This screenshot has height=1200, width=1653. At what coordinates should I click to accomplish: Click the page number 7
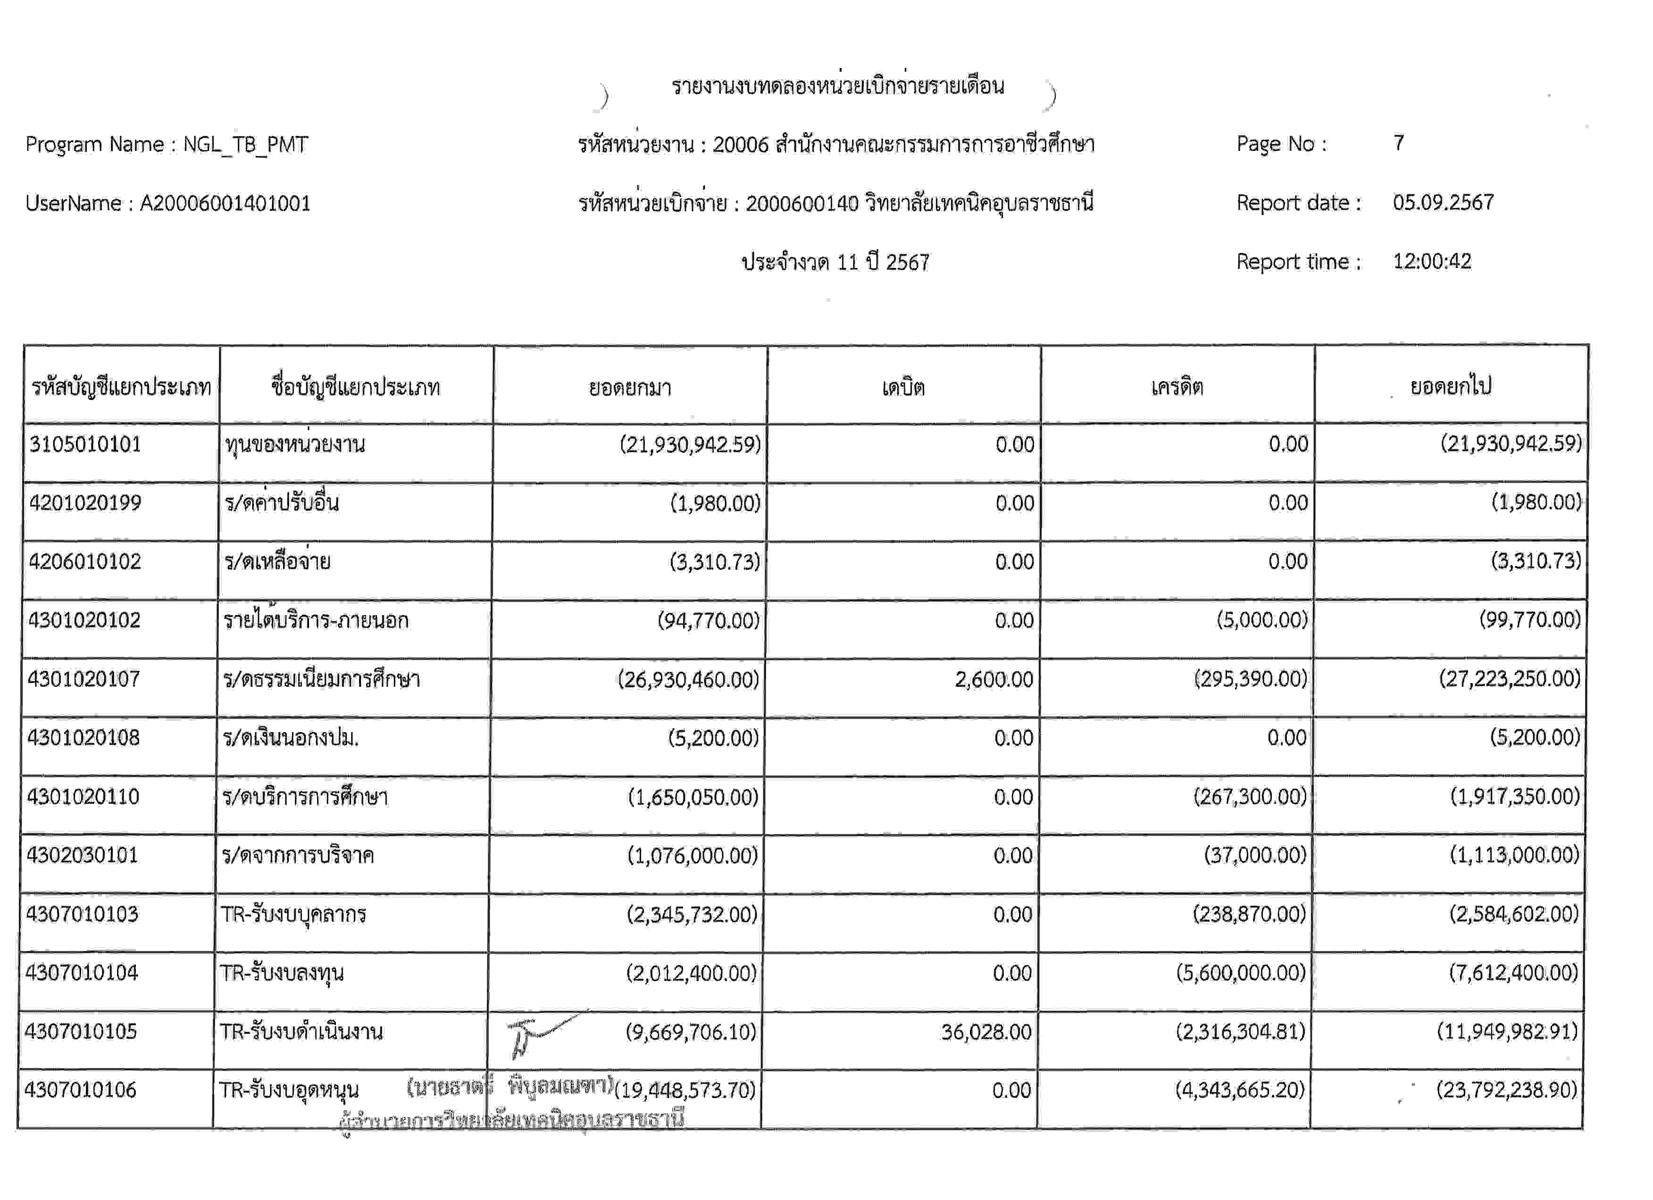(1398, 143)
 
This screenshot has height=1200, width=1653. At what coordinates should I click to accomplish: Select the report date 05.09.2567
(1443, 202)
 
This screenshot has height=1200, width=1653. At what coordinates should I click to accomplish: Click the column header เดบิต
(903, 387)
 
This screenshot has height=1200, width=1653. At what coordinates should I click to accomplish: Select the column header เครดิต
(1177, 387)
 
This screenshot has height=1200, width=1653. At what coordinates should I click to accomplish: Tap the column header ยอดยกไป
(1450, 386)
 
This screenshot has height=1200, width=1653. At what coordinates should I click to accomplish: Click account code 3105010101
(85, 444)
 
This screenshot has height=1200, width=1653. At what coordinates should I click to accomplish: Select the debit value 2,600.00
(993, 680)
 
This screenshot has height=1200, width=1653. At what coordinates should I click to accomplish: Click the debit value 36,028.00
(985, 1032)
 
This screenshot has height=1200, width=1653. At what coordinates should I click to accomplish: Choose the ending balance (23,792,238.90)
(1506, 1090)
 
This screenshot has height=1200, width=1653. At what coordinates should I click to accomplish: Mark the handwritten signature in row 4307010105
(543, 1033)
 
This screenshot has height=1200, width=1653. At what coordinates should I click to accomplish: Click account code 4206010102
(84, 562)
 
